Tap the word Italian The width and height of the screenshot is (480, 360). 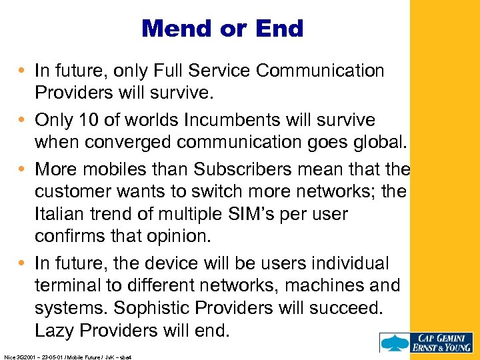pos(61,214)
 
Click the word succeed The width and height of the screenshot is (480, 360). pos(354,307)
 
